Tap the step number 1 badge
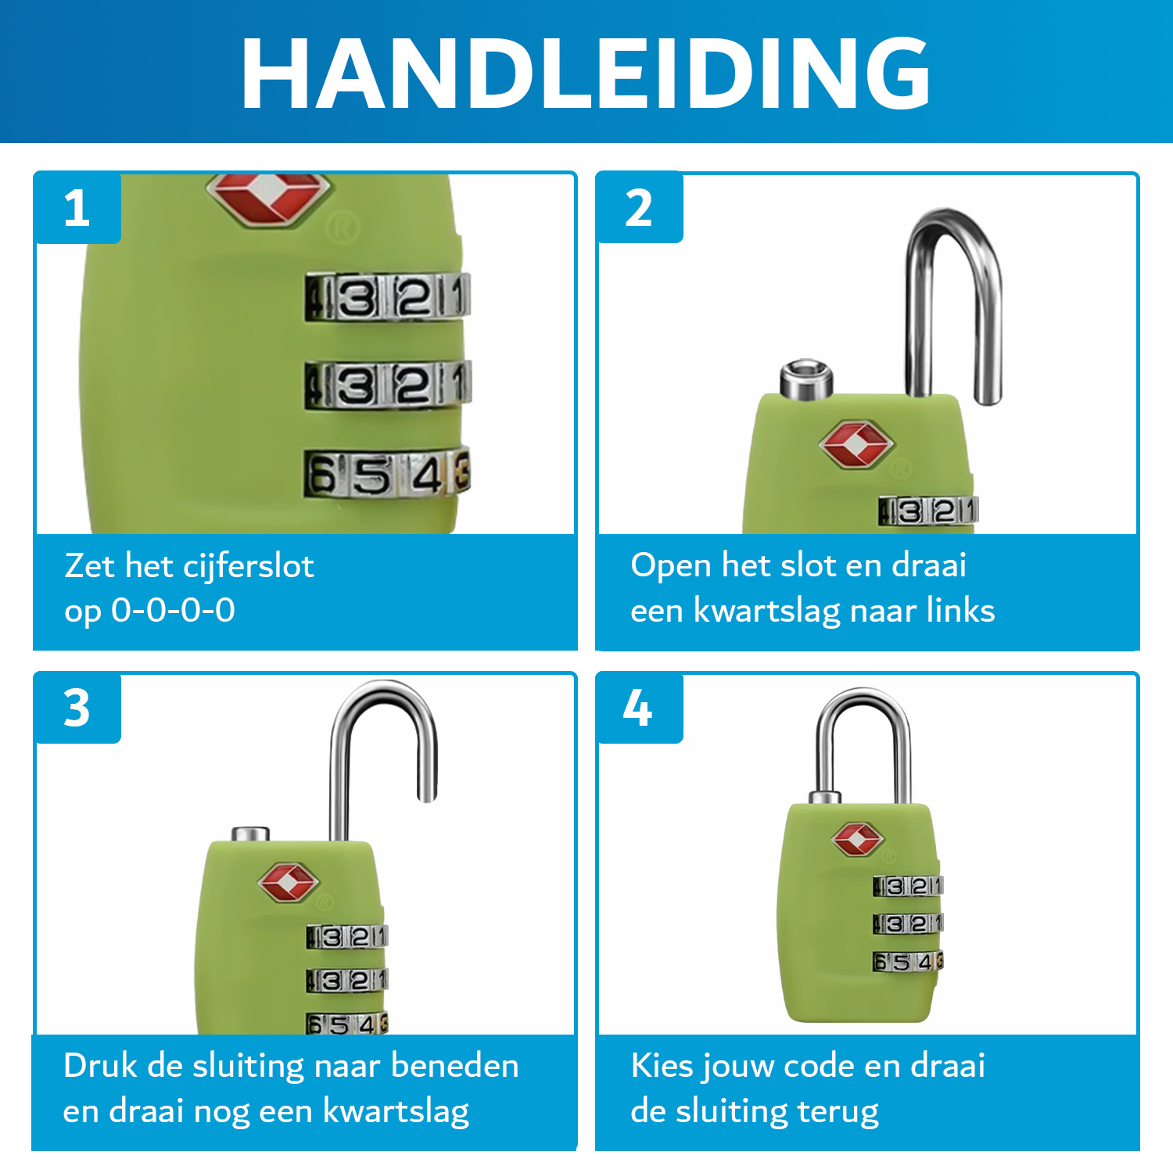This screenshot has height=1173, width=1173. tap(77, 208)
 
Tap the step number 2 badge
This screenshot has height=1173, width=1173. tap(640, 208)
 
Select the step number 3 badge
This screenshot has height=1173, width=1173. tap(77, 708)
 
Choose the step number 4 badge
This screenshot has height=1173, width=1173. tap(640, 708)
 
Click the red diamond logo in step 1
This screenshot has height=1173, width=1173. tap(268, 199)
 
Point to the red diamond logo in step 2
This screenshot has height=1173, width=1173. tap(856, 444)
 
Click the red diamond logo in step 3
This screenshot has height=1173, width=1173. tap(288, 883)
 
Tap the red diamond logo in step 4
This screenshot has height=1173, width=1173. tap(858, 840)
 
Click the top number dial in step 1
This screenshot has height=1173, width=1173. tap(388, 296)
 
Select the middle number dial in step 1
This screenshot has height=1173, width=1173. tap(388, 385)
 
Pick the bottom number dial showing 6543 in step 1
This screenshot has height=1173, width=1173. tap(388, 473)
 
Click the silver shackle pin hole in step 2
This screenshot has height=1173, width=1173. tap(806, 378)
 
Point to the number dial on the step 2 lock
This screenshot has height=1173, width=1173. tap(928, 511)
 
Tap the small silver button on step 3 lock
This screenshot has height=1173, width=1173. tap(250, 834)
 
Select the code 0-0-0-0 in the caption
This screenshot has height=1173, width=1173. tap(173, 610)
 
